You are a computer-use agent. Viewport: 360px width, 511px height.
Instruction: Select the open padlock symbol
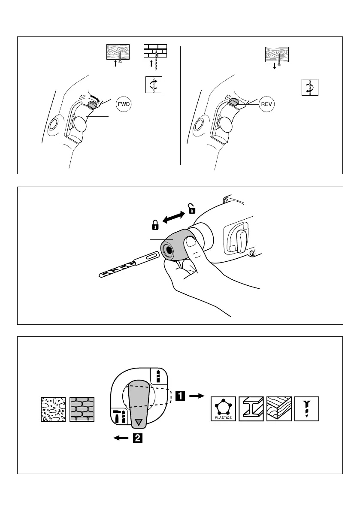pyautogui.click(x=191, y=208)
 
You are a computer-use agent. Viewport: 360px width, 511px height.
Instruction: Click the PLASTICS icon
pyautogui.click(x=224, y=409)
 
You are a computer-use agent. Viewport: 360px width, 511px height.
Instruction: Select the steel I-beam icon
pyautogui.click(x=251, y=409)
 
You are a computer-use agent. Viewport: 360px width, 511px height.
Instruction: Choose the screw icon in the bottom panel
pyautogui.click(x=307, y=409)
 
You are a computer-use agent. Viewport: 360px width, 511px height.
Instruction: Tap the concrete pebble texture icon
pyautogui.click(x=53, y=409)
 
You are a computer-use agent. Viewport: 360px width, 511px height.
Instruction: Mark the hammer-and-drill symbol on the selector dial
pyautogui.click(x=119, y=417)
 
